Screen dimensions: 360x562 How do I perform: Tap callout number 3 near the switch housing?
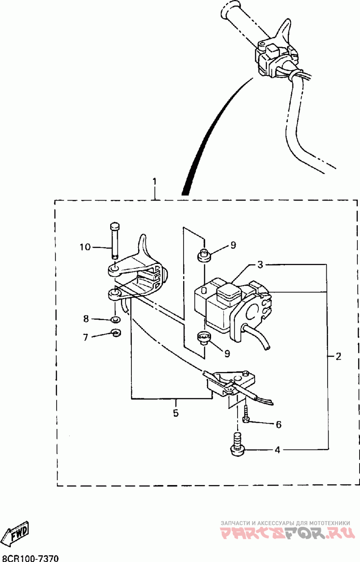point(260,264)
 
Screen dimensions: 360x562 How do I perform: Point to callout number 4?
point(277,449)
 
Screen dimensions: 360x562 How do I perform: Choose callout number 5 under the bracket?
point(176,412)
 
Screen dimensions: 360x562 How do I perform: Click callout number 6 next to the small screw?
point(278,424)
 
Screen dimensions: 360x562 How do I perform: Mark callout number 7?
point(85,336)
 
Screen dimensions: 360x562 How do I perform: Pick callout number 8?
point(85,319)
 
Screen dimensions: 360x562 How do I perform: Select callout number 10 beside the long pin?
point(85,247)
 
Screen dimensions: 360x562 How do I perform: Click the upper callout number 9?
point(233,245)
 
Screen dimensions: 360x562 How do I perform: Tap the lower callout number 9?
point(227,353)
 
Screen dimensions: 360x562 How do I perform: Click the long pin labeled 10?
point(115,240)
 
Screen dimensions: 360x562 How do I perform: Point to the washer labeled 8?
point(115,320)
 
